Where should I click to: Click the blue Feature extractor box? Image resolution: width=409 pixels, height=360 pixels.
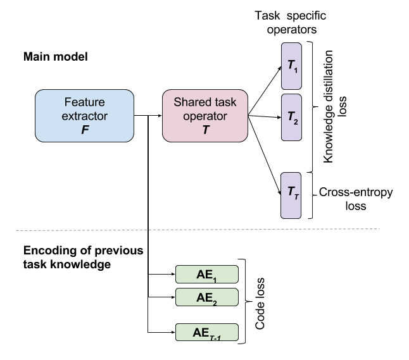[x=84, y=115]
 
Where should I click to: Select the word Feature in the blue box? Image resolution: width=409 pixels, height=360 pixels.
[x=84, y=102]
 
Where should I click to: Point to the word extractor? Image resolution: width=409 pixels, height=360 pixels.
[x=84, y=116]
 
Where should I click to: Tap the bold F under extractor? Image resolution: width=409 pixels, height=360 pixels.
[x=84, y=130]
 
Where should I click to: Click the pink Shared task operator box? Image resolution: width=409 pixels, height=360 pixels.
[x=204, y=115]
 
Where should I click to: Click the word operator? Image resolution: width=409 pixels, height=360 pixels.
[x=204, y=116]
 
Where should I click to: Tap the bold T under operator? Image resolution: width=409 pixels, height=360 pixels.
[x=204, y=130]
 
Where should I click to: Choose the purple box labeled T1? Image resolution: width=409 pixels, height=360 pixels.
[x=291, y=66]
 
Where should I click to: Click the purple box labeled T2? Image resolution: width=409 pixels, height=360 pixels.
[x=291, y=117]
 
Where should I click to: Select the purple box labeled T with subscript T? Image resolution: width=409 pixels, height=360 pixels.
[x=291, y=195]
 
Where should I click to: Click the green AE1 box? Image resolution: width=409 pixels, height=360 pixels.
[x=206, y=274]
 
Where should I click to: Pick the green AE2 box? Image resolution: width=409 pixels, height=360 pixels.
[x=206, y=297]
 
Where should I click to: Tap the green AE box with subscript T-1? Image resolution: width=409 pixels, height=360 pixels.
[x=206, y=332]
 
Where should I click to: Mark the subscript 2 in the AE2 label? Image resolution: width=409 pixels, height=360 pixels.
[x=215, y=301]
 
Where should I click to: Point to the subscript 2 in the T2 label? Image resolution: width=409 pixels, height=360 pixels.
[x=296, y=120]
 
